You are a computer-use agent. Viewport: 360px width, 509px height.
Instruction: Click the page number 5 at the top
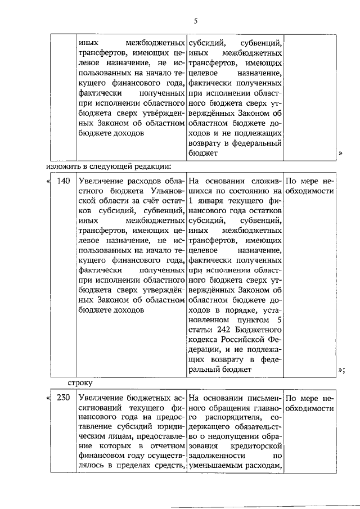[x=195, y=21]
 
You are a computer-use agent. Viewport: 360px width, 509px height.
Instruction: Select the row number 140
[x=64, y=181]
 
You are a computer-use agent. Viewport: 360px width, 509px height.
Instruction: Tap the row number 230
[x=64, y=398]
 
